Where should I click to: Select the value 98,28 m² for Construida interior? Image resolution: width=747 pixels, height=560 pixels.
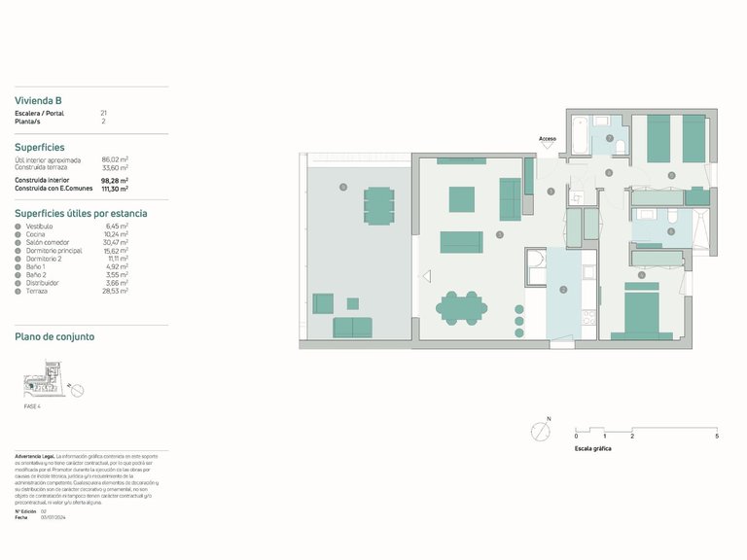pyautogui.click(x=115, y=180)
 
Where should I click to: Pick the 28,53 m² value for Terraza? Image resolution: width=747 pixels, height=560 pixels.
pyautogui.click(x=116, y=291)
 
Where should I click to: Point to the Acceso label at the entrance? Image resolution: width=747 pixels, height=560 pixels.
pyautogui.click(x=548, y=139)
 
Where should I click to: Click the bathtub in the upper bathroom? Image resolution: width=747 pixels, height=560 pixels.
pyautogui.click(x=580, y=133)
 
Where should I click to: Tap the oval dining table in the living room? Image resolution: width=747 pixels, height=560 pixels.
pyautogui.click(x=461, y=308)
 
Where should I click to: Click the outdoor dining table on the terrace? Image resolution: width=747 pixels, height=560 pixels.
pyautogui.click(x=378, y=205)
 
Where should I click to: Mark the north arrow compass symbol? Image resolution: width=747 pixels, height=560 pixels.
pyautogui.click(x=540, y=430)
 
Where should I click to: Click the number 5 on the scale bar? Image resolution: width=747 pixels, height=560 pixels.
pyautogui.click(x=717, y=437)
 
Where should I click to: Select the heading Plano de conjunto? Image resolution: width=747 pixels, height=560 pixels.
pyautogui.click(x=54, y=336)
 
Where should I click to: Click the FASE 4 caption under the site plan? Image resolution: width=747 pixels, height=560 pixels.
pyautogui.click(x=33, y=406)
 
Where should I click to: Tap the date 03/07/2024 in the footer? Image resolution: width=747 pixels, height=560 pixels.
pyautogui.click(x=53, y=517)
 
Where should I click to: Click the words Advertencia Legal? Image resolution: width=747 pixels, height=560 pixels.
pyautogui.click(x=35, y=456)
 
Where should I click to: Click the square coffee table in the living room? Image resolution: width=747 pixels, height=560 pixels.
pyautogui.click(x=461, y=199)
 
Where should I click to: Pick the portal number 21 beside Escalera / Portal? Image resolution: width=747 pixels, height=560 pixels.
pyautogui.click(x=104, y=114)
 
